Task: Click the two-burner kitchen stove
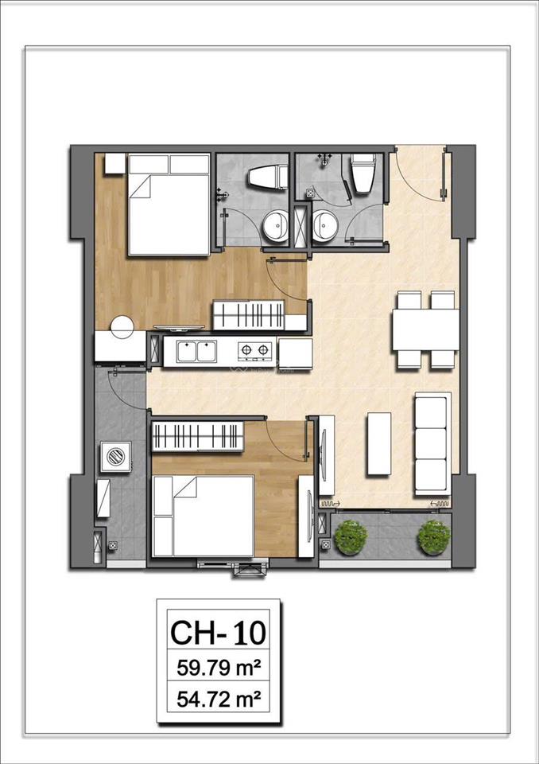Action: [254, 351]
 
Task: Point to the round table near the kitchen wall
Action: [122, 327]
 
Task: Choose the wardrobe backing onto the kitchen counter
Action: [248, 314]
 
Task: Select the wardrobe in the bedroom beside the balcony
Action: [196, 435]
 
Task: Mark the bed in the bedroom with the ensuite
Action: [169, 205]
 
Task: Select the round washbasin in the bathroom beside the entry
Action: [324, 226]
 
